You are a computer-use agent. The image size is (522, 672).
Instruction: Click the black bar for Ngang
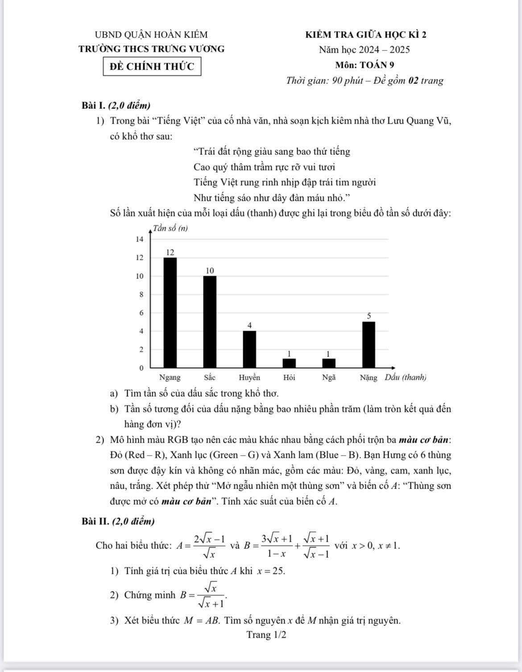(170, 312)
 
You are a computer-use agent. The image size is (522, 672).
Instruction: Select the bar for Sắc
(210, 321)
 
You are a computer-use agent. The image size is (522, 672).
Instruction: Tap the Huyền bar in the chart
(249, 349)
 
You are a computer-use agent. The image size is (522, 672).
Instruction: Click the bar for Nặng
(369, 344)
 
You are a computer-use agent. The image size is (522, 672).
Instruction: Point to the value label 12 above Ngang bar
(170, 252)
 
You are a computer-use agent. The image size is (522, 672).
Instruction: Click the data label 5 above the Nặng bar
(369, 315)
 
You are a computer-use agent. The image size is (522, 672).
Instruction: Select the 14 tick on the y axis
(140, 239)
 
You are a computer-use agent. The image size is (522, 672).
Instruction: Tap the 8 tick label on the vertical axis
(141, 295)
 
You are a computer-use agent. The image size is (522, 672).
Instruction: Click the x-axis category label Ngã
(329, 377)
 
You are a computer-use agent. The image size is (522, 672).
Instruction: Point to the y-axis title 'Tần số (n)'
(170, 228)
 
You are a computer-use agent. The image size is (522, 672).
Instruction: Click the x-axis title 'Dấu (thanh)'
(406, 377)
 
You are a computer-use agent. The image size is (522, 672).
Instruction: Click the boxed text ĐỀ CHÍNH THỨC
(152, 67)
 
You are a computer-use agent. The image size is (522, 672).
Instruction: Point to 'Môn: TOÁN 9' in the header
(365, 65)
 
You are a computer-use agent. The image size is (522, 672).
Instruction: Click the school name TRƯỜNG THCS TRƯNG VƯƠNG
(152, 49)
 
